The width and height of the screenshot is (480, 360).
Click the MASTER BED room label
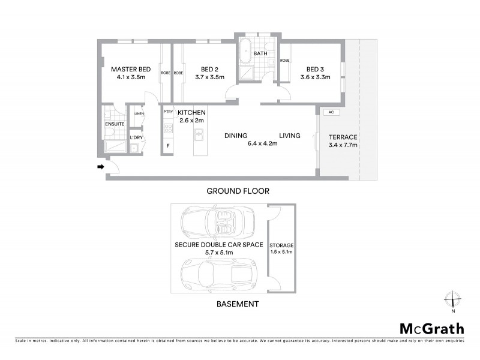point(131,68)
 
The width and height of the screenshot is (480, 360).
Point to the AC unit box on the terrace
point(329,112)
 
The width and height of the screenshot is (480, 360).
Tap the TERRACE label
point(343,137)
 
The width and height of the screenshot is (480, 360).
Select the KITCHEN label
point(192,113)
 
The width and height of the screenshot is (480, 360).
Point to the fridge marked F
point(168,146)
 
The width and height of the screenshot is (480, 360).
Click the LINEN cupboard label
point(139,113)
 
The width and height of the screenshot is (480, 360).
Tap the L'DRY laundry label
point(136,138)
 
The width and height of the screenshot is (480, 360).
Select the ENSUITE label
point(114,124)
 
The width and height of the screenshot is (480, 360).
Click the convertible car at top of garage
point(221,223)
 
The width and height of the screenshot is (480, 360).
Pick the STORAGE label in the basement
point(281,246)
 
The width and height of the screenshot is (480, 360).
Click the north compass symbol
point(454,299)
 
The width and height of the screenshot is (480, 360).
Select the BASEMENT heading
point(238,304)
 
